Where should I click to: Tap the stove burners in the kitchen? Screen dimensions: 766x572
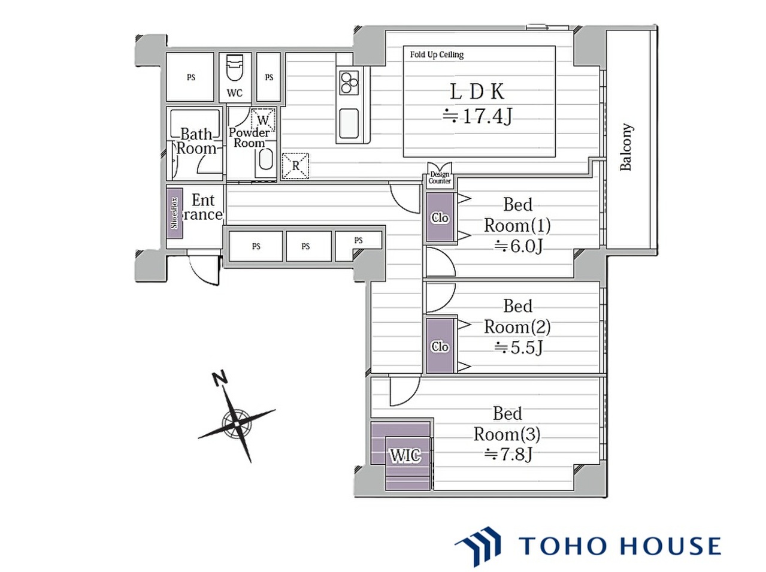click(349, 83)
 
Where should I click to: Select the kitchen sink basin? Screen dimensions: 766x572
click(349, 123)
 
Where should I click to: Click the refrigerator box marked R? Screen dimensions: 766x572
click(295, 166)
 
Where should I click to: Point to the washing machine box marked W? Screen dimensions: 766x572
click(263, 120)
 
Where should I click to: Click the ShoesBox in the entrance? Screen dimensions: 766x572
click(174, 213)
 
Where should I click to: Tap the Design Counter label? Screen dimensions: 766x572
click(440, 178)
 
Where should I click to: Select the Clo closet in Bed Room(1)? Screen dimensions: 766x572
click(440, 217)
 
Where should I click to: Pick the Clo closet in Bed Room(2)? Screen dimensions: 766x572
click(440, 346)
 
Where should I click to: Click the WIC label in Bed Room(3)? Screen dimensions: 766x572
click(405, 455)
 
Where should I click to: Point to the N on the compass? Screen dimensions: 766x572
click(220, 379)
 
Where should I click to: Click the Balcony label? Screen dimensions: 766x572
click(626, 147)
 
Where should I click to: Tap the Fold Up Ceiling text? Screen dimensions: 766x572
click(437, 55)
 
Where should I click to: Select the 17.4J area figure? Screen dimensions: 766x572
click(477, 116)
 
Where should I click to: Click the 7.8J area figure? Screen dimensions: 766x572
click(508, 454)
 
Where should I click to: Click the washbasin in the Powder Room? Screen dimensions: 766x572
click(265, 160)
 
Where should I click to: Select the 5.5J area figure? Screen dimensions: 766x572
click(519, 347)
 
